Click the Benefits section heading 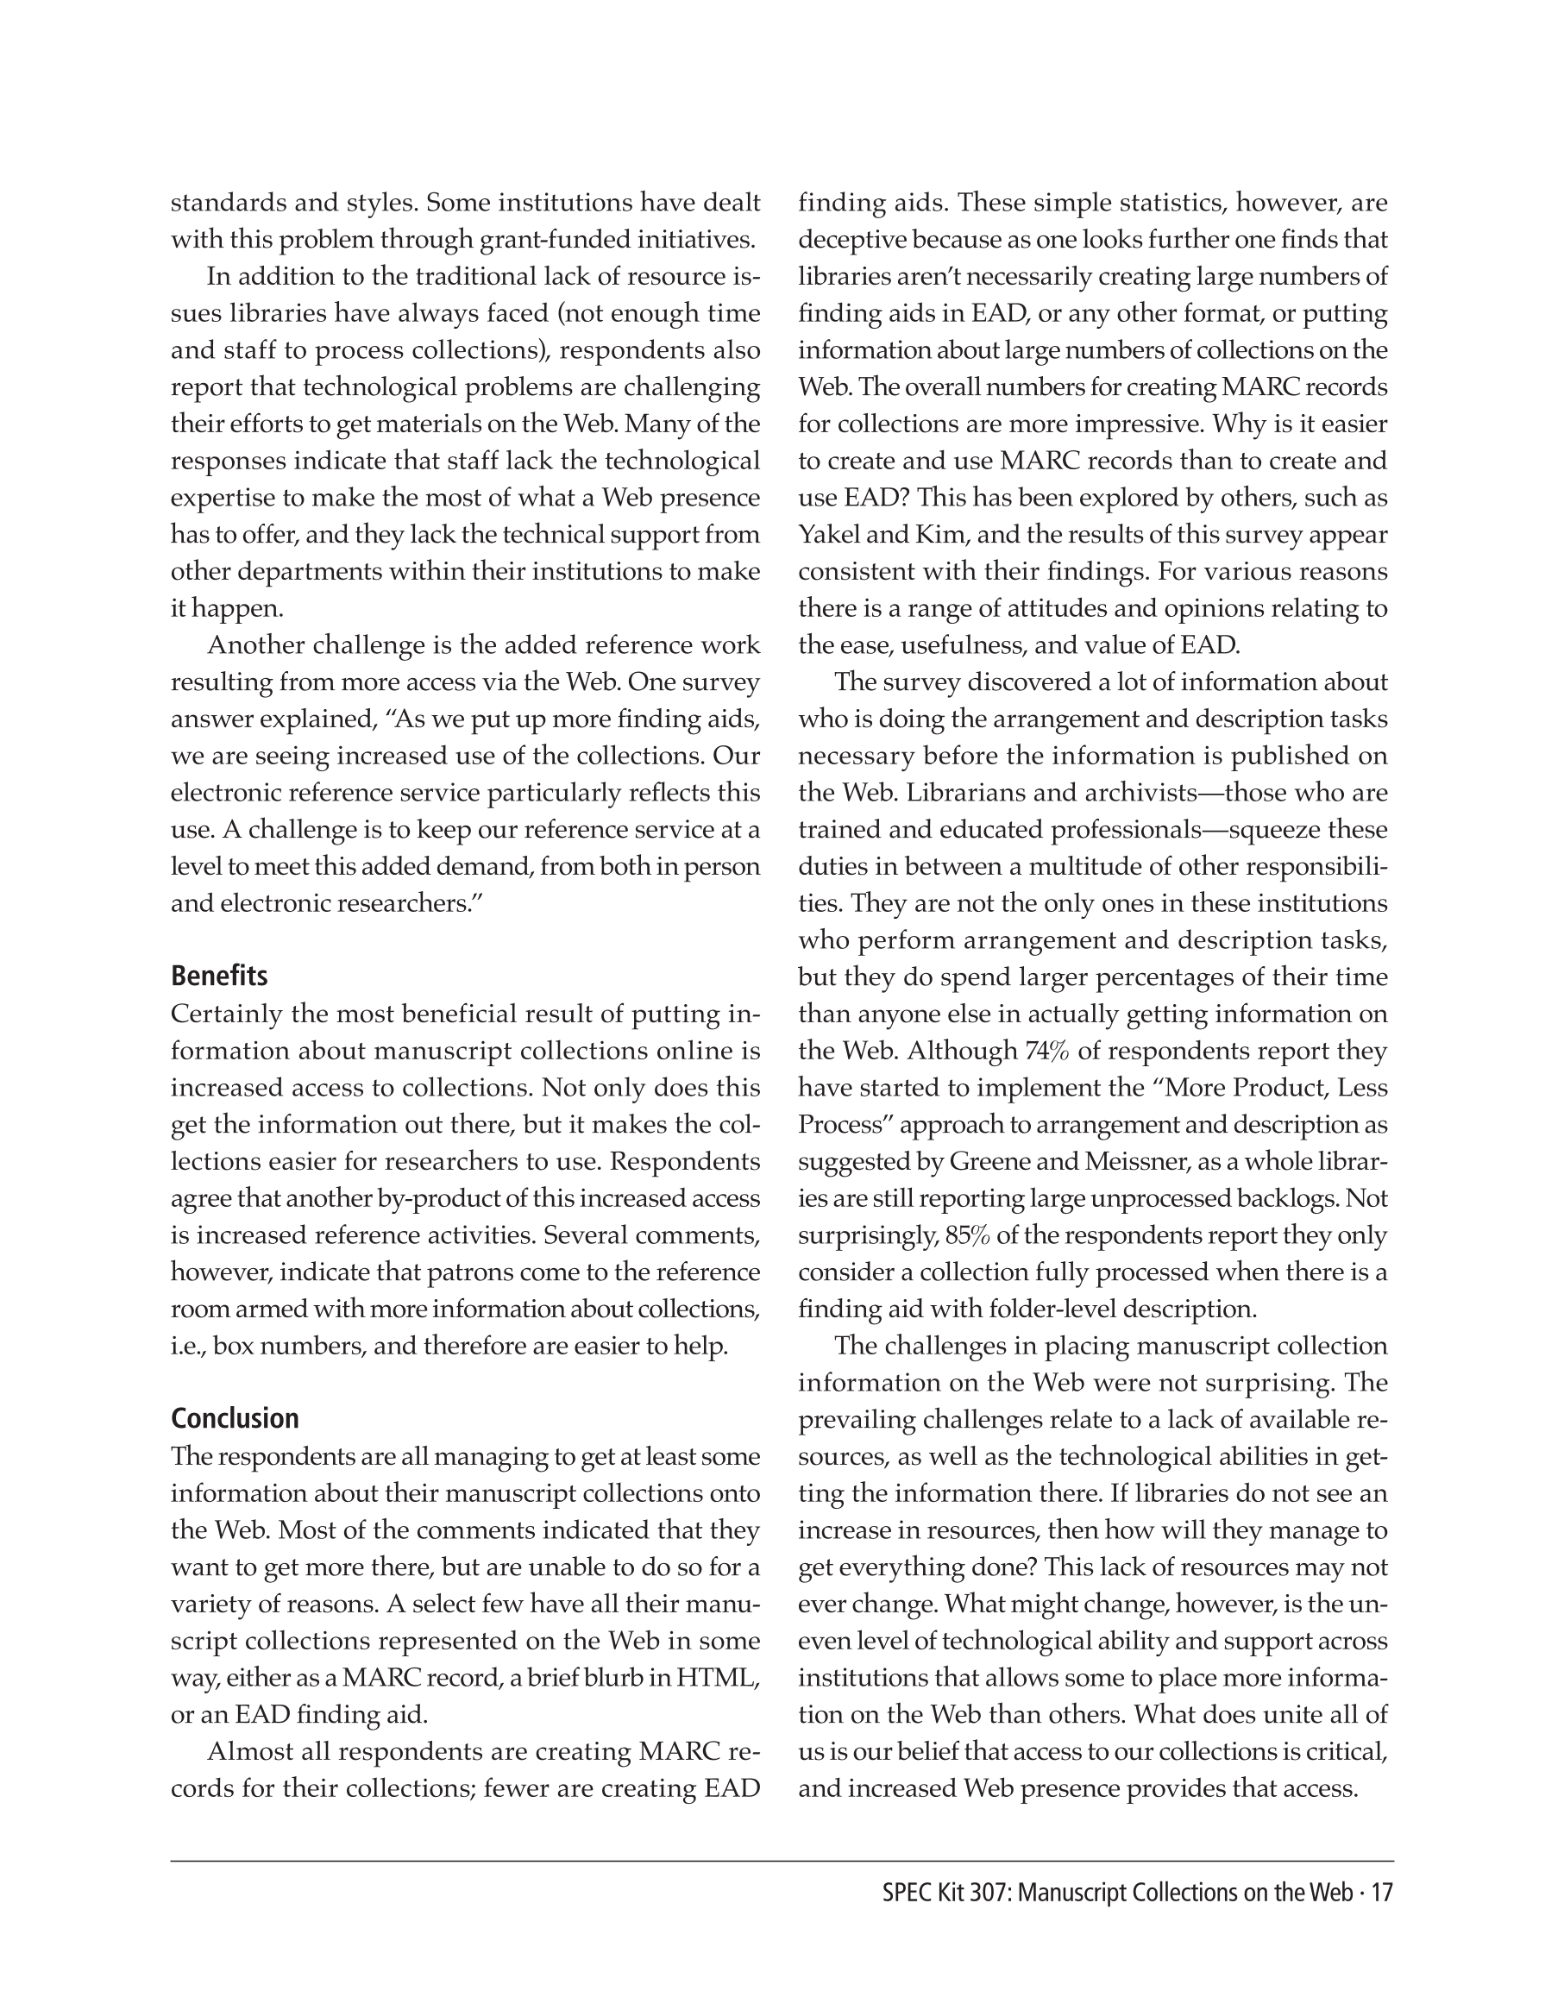(x=219, y=977)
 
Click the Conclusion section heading (x=235, y=1418)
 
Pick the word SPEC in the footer (x=906, y=1893)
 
